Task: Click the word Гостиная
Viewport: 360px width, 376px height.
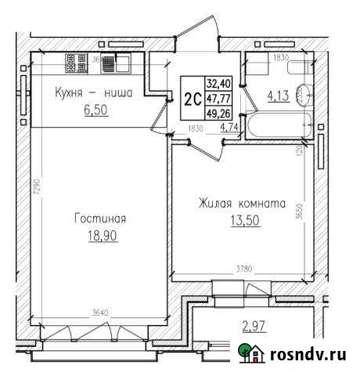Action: coord(99,219)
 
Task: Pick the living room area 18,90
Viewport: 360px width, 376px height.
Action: coord(101,235)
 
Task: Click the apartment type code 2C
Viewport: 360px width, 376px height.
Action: coord(190,98)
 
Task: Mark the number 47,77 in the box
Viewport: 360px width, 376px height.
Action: coord(216,97)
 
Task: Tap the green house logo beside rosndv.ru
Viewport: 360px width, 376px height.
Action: coord(252,354)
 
